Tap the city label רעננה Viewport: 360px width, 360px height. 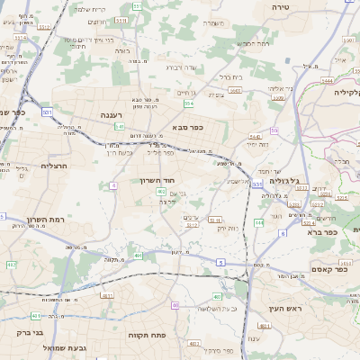pos(113,115)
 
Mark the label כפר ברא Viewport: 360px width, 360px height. pos(321,232)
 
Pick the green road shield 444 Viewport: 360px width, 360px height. pos(259,221)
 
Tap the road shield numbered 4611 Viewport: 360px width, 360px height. pos(108,294)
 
